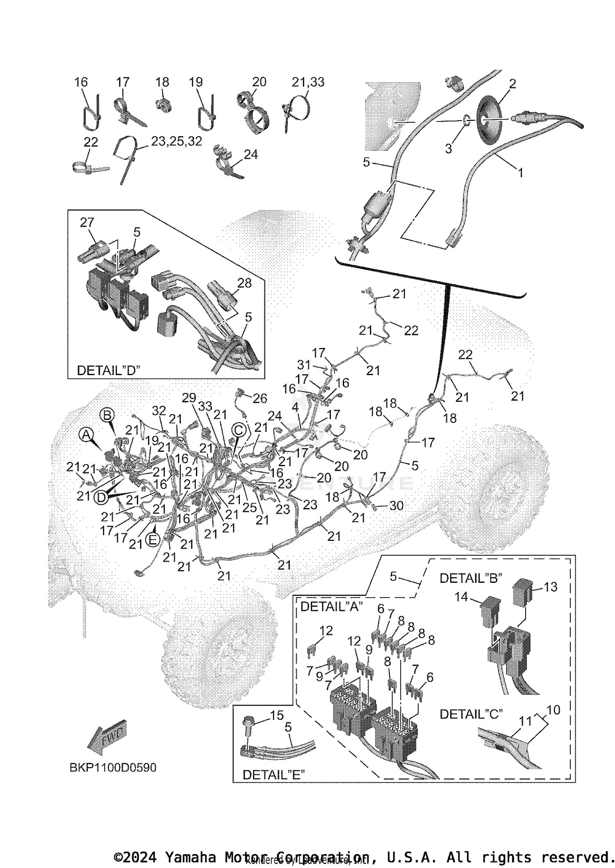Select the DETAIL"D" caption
tap(108, 370)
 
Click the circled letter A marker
tap(86, 434)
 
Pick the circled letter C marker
tap(239, 430)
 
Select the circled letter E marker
tap(153, 539)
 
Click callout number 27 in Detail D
tap(87, 222)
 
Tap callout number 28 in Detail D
tap(244, 283)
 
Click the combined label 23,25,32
tap(176, 141)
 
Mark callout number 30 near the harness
tap(396, 506)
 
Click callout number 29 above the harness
tap(189, 398)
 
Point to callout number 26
tap(260, 398)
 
